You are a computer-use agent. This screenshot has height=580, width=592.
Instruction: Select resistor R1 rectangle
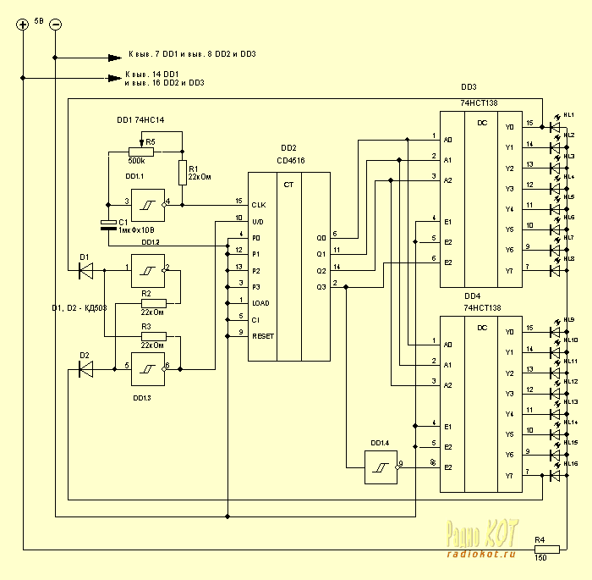point(182,172)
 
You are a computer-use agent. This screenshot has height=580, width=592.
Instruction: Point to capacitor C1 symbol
point(107,224)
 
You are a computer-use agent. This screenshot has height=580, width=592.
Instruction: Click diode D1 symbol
point(85,270)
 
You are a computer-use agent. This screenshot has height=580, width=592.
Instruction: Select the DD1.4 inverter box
point(380,467)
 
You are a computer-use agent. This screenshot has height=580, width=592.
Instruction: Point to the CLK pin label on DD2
point(260,205)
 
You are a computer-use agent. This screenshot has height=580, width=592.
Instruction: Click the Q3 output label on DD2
point(321,286)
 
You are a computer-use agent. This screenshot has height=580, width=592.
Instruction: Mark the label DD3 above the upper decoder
point(469,87)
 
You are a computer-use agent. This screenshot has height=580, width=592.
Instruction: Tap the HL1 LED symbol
point(556,127)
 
